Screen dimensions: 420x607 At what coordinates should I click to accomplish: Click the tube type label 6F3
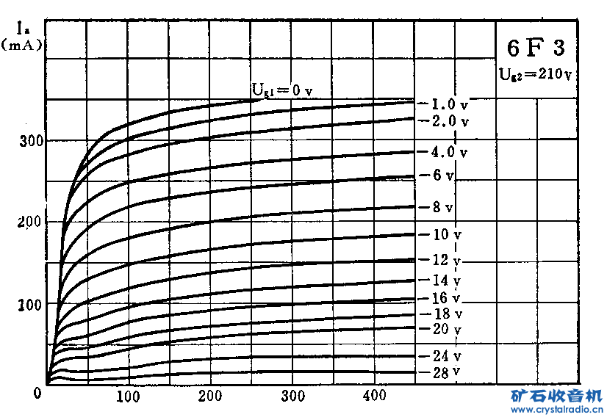[536, 48]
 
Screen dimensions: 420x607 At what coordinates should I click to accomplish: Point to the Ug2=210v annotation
[535, 73]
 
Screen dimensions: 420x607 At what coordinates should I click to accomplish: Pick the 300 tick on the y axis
[27, 141]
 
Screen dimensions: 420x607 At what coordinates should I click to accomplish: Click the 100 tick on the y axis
[27, 303]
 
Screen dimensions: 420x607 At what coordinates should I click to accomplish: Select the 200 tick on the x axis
[209, 397]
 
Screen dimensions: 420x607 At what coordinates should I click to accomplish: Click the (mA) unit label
[21, 45]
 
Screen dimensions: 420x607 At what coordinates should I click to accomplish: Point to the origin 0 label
[37, 393]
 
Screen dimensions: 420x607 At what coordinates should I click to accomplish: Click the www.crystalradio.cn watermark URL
[556, 410]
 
